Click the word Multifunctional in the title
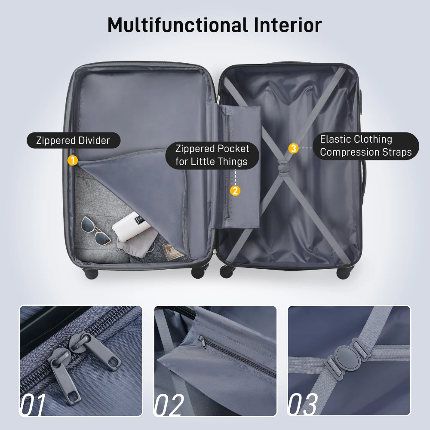tap(177, 26)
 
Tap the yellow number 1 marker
tap(73, 160)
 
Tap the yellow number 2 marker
tap(235, 190)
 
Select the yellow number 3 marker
tap(293, 148)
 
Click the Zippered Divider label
tap(73, 141)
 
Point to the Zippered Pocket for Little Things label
tap(212, 155)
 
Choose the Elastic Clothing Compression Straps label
tap(365, 146)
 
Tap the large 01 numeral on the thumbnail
tap(32, 404)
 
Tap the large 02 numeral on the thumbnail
tap(169, 404)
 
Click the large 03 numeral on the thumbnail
tap(303, 404)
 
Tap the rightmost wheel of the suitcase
tap(344, 272)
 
